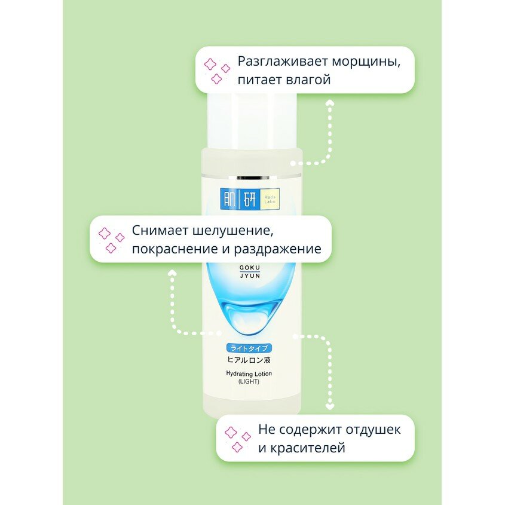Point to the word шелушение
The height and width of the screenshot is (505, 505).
pos(239,230)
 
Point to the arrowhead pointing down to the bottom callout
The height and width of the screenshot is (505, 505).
pos(329,407)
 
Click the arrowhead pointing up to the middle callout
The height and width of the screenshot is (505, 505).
pos(172,272)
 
